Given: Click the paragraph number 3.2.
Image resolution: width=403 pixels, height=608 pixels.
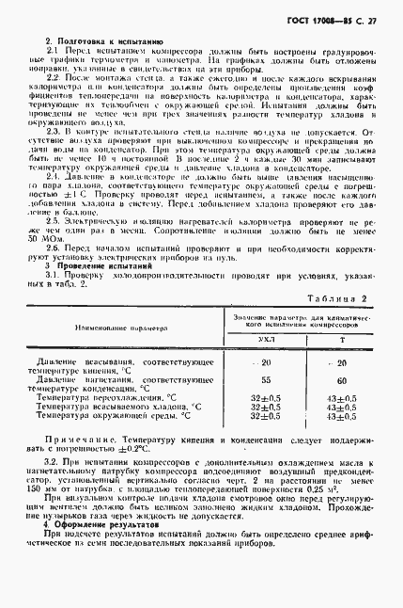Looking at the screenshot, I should click(x=55, y=466).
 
